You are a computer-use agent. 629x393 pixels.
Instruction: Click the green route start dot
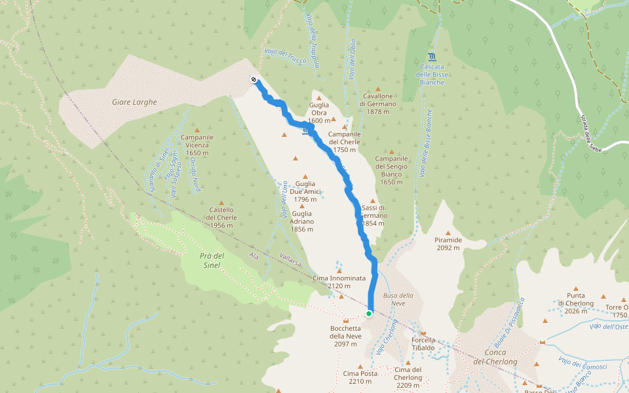[x=369, y=314]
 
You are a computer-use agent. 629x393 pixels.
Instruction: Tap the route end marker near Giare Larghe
[x=254, y=80]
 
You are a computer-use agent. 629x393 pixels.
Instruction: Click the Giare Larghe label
[x=134, y=102]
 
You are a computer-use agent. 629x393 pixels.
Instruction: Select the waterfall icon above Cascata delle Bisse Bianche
[x=432, y=57]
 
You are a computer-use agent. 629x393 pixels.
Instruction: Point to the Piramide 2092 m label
[x=448, y=244]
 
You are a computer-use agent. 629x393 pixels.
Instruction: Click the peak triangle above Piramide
[x=448, y=233]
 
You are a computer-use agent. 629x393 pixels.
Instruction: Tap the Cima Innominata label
[x=339, y=282]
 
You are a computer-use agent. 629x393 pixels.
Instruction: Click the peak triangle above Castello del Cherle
[x=221, y=203]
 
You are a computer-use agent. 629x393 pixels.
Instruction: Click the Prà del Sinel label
[x=213, y=260]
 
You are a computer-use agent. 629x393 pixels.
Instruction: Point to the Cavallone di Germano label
[x=378, y=103]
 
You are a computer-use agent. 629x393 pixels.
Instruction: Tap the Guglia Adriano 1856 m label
[x=302, y=221]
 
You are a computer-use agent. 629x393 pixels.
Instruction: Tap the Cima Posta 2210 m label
[x=360, y=377]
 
